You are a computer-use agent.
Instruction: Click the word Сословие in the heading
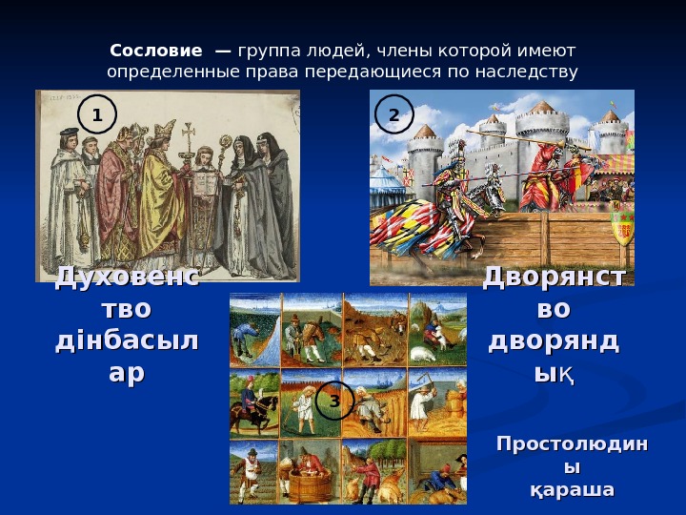pos(155,50)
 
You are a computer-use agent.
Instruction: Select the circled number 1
pos(96,114)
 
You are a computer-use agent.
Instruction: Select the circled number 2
pos(393,114)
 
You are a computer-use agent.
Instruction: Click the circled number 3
pos(334,401)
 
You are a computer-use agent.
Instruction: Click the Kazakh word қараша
pos(571,490)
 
